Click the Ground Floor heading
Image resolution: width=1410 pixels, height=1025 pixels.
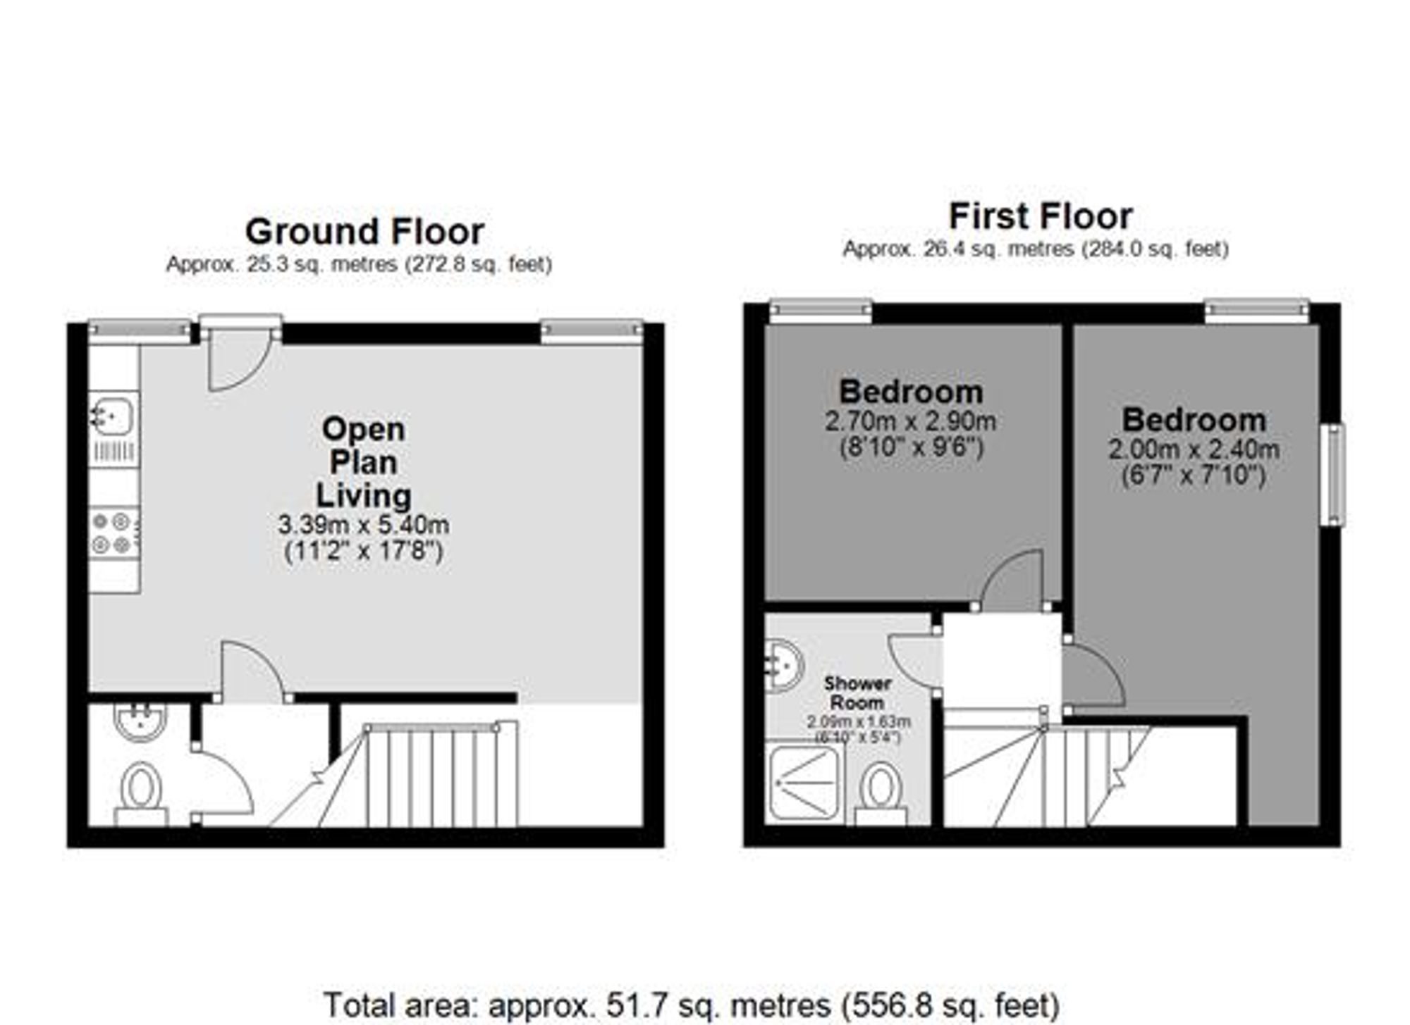pos(364,232)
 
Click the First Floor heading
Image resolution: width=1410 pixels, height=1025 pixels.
pos(1041,216)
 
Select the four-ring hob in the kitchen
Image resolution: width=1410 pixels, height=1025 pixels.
pos(114,533)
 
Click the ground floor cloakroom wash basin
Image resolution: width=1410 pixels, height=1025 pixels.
pos(140,721)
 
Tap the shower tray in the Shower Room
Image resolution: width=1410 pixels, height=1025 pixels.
pos(804,783)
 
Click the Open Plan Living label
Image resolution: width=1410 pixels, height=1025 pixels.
pos(364,462)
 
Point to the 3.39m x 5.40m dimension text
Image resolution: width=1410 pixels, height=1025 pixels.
pos(364,525)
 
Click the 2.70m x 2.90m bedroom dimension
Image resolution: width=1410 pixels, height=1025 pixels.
pos(910,421)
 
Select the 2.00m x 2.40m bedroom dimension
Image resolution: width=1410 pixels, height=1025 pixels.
pos(1194,449)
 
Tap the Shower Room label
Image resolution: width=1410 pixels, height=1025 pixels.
pos(857,692)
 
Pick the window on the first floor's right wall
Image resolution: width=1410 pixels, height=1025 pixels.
pos(1332,474)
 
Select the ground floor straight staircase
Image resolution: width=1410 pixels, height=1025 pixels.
pos(441,775)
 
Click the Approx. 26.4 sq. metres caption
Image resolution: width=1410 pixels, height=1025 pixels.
pos(1035,249)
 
